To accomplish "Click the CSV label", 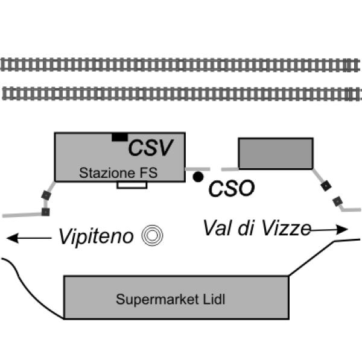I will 151,148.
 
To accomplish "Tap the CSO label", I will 231,189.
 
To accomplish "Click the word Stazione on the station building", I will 99,173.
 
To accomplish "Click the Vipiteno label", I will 95,236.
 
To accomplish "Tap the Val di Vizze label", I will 256,227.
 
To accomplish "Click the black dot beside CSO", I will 198,177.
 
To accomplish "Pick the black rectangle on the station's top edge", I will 119,137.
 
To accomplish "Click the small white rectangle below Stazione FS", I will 132,185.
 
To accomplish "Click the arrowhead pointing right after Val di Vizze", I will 344,230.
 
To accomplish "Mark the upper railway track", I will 181,64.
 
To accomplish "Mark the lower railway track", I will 181,93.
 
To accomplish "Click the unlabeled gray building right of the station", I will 276,153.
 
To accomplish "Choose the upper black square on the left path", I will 46,195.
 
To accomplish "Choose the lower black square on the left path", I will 45,212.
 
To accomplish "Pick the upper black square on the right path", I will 326,186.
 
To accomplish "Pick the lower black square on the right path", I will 337,200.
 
